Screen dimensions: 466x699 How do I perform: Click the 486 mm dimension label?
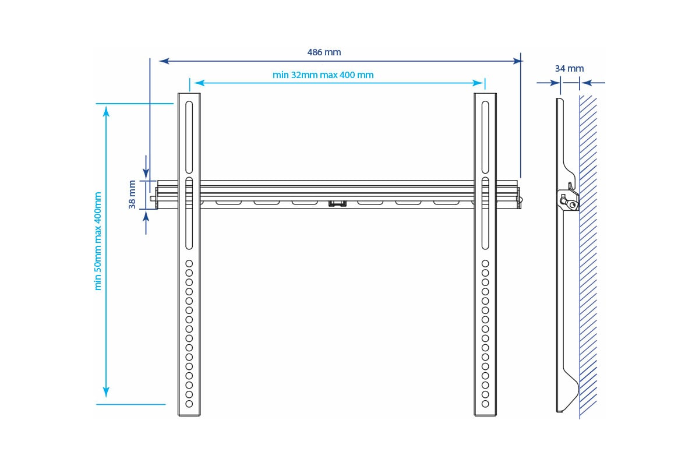[x=324, y=52]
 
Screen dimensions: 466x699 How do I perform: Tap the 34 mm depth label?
[x=569, y=69]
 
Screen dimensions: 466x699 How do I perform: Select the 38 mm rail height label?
[x=133, y=195]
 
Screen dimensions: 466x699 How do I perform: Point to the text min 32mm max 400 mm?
[x=323, y=75]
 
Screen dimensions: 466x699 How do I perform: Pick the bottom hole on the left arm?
[x=189, y=403]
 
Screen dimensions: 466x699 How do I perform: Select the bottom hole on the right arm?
[x=485, y=403]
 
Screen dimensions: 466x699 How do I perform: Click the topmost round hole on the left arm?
[x=189, y=264]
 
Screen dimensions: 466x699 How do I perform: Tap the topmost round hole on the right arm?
[x=485, y=264]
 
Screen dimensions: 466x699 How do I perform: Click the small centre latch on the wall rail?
[x=337, y=203]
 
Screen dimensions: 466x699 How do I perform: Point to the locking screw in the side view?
[x=574, y=204]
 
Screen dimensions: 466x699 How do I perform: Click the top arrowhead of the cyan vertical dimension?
[x=106, y=112]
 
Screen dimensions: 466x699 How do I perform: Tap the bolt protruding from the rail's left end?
[x=153, y=199]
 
